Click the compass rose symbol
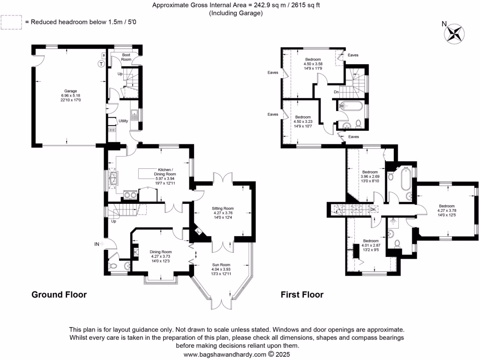(454, 32)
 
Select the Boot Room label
(113, 57)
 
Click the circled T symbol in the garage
(100, 64)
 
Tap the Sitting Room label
(223, 214)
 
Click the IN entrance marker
(97, 244)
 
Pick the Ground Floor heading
(59, 295)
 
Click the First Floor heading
(302, 295)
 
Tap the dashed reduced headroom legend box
(11, 22)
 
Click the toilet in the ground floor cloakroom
(113, 266)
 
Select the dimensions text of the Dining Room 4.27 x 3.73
(161, 258)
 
